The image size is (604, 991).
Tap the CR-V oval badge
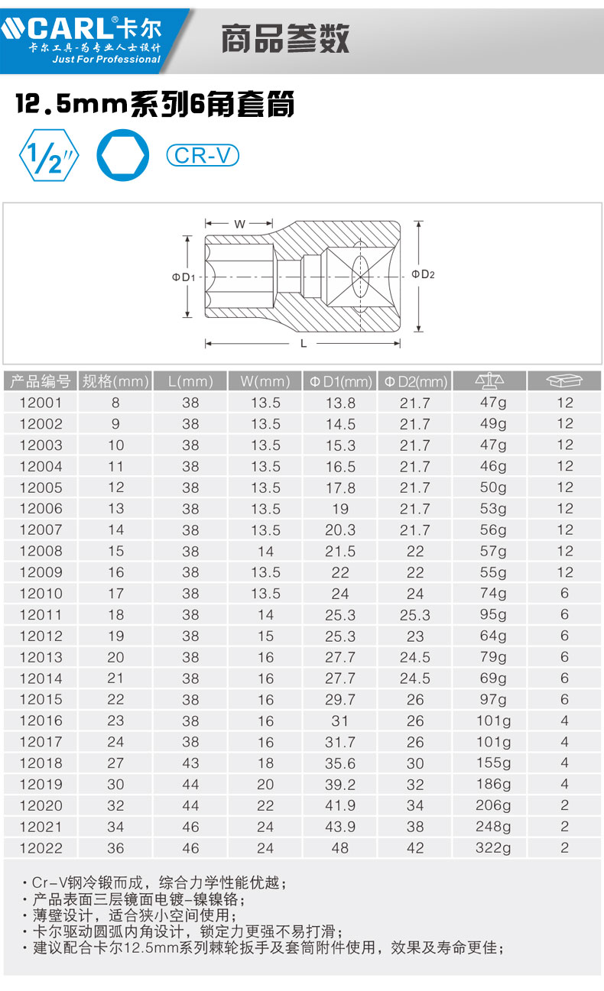click(x=203, y=155)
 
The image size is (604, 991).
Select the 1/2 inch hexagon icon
click(x=48, y=155)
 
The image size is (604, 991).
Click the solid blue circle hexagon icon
click(x=122, y=155)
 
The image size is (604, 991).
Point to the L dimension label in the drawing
click(x=304, y=344)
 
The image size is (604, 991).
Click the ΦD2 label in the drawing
click(x=423, y=274)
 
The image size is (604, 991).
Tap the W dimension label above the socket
click(x=239, y=224)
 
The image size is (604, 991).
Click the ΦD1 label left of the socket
click(x=183, y=277)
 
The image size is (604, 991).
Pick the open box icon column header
click(x=564, y=381)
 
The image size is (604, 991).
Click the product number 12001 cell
click(x=41, y=403)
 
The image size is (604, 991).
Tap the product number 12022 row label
click(x=41, y=847)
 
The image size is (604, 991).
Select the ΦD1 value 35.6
click(x=340, y=763)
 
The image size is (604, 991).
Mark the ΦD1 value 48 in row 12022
click(x=340, y=847)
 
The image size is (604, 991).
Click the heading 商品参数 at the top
click(x=285, y=37)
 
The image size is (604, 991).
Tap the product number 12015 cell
click(x=41, y=699)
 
